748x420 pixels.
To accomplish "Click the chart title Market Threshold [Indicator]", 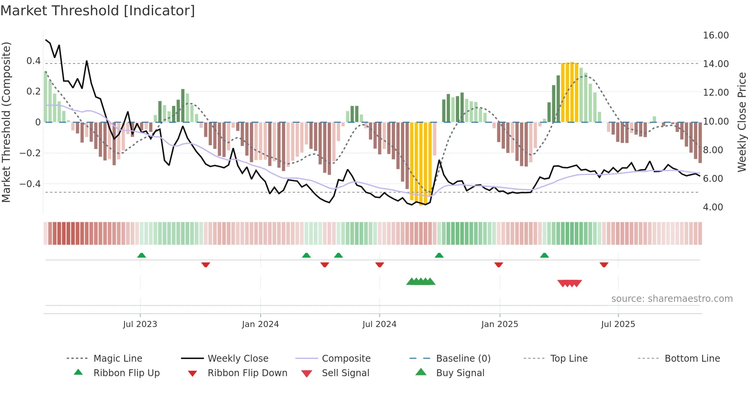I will (98, 11).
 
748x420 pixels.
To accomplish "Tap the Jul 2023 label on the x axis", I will (140, 324).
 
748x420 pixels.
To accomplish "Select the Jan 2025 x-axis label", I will (500, 324).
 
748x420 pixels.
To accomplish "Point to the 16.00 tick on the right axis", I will (716, 35).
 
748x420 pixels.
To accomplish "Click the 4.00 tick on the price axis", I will (713, 207).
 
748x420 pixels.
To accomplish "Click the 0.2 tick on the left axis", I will (33, 91).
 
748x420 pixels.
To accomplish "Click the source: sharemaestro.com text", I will (672, 299).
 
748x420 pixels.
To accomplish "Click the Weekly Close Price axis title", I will (741, 122).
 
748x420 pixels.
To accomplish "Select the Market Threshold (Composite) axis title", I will (6, 122).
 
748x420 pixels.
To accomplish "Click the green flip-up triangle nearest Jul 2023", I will (142, 255).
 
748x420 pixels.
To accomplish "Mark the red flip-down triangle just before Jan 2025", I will (498, 265).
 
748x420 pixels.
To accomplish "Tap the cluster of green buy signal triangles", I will (421, 282).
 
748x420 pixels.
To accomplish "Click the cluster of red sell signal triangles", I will (569, 283).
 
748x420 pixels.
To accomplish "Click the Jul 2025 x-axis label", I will (618, 324).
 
